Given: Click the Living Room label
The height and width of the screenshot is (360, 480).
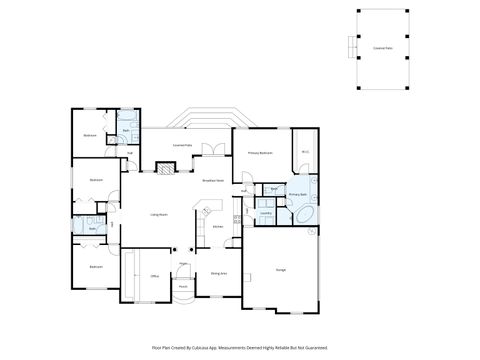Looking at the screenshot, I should click(158, 215).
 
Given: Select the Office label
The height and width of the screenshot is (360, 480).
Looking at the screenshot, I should click(155, 275).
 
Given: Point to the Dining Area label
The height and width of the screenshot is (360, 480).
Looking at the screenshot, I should click(217, 272).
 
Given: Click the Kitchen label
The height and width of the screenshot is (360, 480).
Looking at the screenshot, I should click(217, 227).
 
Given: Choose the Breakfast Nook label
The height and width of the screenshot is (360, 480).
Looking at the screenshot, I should click(212, 181).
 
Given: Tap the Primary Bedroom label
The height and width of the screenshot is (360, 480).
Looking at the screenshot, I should click(260, 153).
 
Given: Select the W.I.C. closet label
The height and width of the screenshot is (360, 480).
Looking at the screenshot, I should click(304, 153).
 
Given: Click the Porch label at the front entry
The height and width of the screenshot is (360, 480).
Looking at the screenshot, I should click(183, 285).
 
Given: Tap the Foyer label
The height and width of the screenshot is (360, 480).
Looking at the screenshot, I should click(183, 264).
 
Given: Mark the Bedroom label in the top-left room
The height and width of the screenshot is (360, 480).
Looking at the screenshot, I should click(90, 134).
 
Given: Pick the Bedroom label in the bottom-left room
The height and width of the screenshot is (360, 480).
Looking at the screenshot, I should click(95, 267).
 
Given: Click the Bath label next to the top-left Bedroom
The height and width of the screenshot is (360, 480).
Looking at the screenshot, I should click(126, 131).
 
